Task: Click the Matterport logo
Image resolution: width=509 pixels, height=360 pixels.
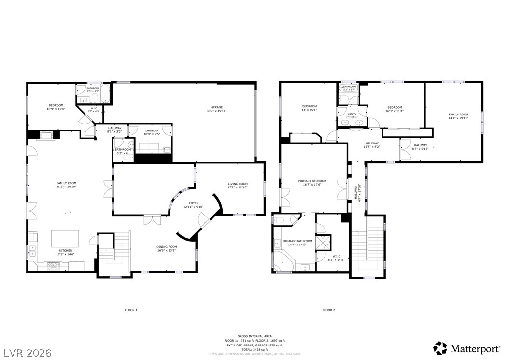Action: (467, 348)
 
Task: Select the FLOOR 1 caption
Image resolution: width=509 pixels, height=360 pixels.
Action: (131, 310)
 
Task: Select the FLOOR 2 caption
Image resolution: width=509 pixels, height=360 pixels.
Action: (328, 310)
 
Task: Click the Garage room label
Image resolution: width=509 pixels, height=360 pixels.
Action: (216, 107)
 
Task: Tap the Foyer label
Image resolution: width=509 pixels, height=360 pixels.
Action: (194, 203)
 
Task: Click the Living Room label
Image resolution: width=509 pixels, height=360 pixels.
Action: (238, 184)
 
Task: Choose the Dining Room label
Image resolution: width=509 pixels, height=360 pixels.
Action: (167, 247)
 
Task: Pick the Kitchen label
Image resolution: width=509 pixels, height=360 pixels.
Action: (66, 250)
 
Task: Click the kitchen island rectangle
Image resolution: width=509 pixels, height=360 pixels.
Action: (65, 238)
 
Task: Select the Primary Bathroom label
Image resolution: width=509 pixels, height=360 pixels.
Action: (297, 241)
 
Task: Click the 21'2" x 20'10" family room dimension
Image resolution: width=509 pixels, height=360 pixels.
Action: (66, 187)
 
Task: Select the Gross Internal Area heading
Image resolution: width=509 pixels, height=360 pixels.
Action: (254, 336)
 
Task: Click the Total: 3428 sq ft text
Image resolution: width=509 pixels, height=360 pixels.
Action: (254, 349)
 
